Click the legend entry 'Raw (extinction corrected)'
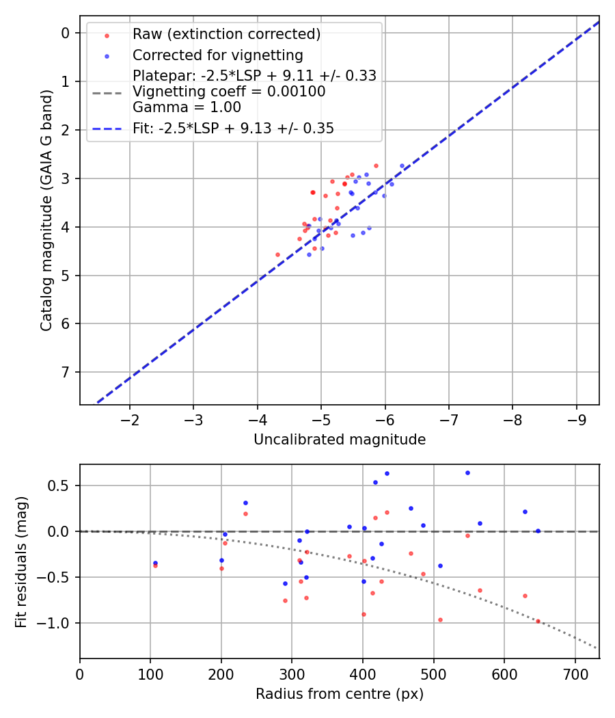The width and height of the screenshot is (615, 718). pos(226,34)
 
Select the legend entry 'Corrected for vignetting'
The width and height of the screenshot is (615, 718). pos(217,55)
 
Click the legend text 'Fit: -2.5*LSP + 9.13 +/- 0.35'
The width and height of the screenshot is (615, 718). pos(233,129)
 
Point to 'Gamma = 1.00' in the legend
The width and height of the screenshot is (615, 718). pos(187,107)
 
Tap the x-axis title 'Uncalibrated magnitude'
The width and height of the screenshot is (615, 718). pos(340,440)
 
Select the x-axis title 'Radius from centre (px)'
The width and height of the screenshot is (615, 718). pos(340,694)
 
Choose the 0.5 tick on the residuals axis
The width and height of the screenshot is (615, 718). pos(61,486)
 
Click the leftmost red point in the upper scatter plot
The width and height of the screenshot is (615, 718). pos(277,254)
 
